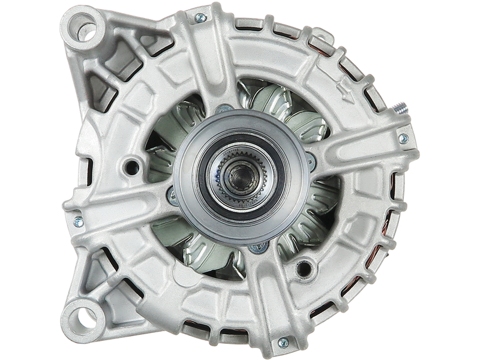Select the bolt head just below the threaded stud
click(402, 139)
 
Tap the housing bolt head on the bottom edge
click(282, 343)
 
